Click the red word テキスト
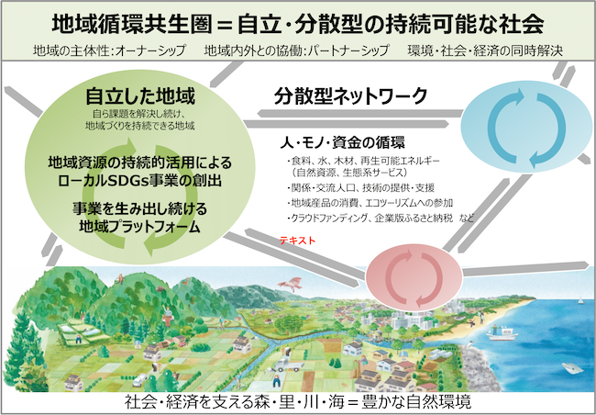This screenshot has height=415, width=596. [x=298, y=241]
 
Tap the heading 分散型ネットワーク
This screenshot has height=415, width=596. [x=351, y=96]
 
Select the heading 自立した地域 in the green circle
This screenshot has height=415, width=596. [x=140, y=95]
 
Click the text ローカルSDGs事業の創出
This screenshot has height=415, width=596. [x=140, y=181]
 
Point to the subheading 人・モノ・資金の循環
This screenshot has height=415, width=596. [x=343, y=142]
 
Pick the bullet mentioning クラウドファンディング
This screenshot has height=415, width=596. [x=381, y=219]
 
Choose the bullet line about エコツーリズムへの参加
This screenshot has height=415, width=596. [x=370, y=203]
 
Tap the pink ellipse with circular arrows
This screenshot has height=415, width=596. [x=414, y=276]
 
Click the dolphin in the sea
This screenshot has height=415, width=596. [x=573, y=367]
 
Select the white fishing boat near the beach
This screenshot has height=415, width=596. [x=502, y=334]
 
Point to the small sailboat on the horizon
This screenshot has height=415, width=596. [x=580, y=300]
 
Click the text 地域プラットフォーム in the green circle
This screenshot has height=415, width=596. [x=140, y=227]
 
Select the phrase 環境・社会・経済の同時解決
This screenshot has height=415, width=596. [x=485, y=50]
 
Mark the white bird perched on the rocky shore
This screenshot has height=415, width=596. [x=470, y=343]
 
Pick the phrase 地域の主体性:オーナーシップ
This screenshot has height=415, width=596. [x=109, y=50]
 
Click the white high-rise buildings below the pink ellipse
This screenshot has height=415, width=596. [x=412, y=320]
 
